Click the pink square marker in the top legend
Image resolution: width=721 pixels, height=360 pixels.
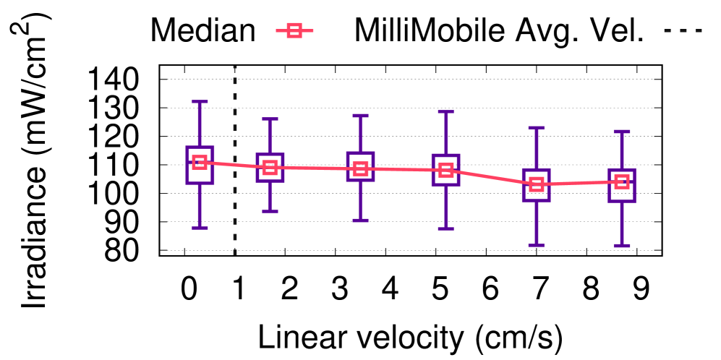click(x=294, y=30)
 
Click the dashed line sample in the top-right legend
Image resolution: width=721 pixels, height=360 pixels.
click(x=683, y=30)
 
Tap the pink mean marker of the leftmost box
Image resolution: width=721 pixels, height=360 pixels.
click(x=200, y=163)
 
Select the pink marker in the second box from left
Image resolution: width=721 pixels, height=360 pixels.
click(x=270, y=168)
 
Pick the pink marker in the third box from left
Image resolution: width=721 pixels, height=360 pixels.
click(x=360, y=169)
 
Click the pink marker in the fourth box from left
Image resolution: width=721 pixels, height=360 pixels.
click(x=446, y=171)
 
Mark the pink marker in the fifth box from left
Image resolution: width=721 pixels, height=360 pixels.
click(x=536, y=184)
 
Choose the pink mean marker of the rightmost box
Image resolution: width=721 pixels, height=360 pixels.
click(x=622, y=181)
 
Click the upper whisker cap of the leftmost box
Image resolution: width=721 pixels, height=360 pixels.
click(x=200, y=102)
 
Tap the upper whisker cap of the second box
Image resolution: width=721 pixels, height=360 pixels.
click(x=270, y=119)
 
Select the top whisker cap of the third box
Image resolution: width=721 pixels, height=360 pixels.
click(x=360, y=116)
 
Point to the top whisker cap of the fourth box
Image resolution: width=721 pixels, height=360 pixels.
click(x=446, y=112)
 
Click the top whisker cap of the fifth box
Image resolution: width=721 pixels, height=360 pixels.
click(x=536, y=128)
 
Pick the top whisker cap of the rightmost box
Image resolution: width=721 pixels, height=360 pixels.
click(x=622, y=132)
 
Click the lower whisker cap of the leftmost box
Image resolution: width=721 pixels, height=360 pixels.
click(x=200, y=228)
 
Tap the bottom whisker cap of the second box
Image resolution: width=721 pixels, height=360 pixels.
click(x=270, y=211)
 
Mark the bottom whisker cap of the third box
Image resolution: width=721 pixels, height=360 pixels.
click(x=360, y=220)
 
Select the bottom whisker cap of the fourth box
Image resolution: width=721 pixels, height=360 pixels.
click(x=446, y=228)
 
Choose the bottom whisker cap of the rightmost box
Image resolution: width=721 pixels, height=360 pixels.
click(x=622, y=246)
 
